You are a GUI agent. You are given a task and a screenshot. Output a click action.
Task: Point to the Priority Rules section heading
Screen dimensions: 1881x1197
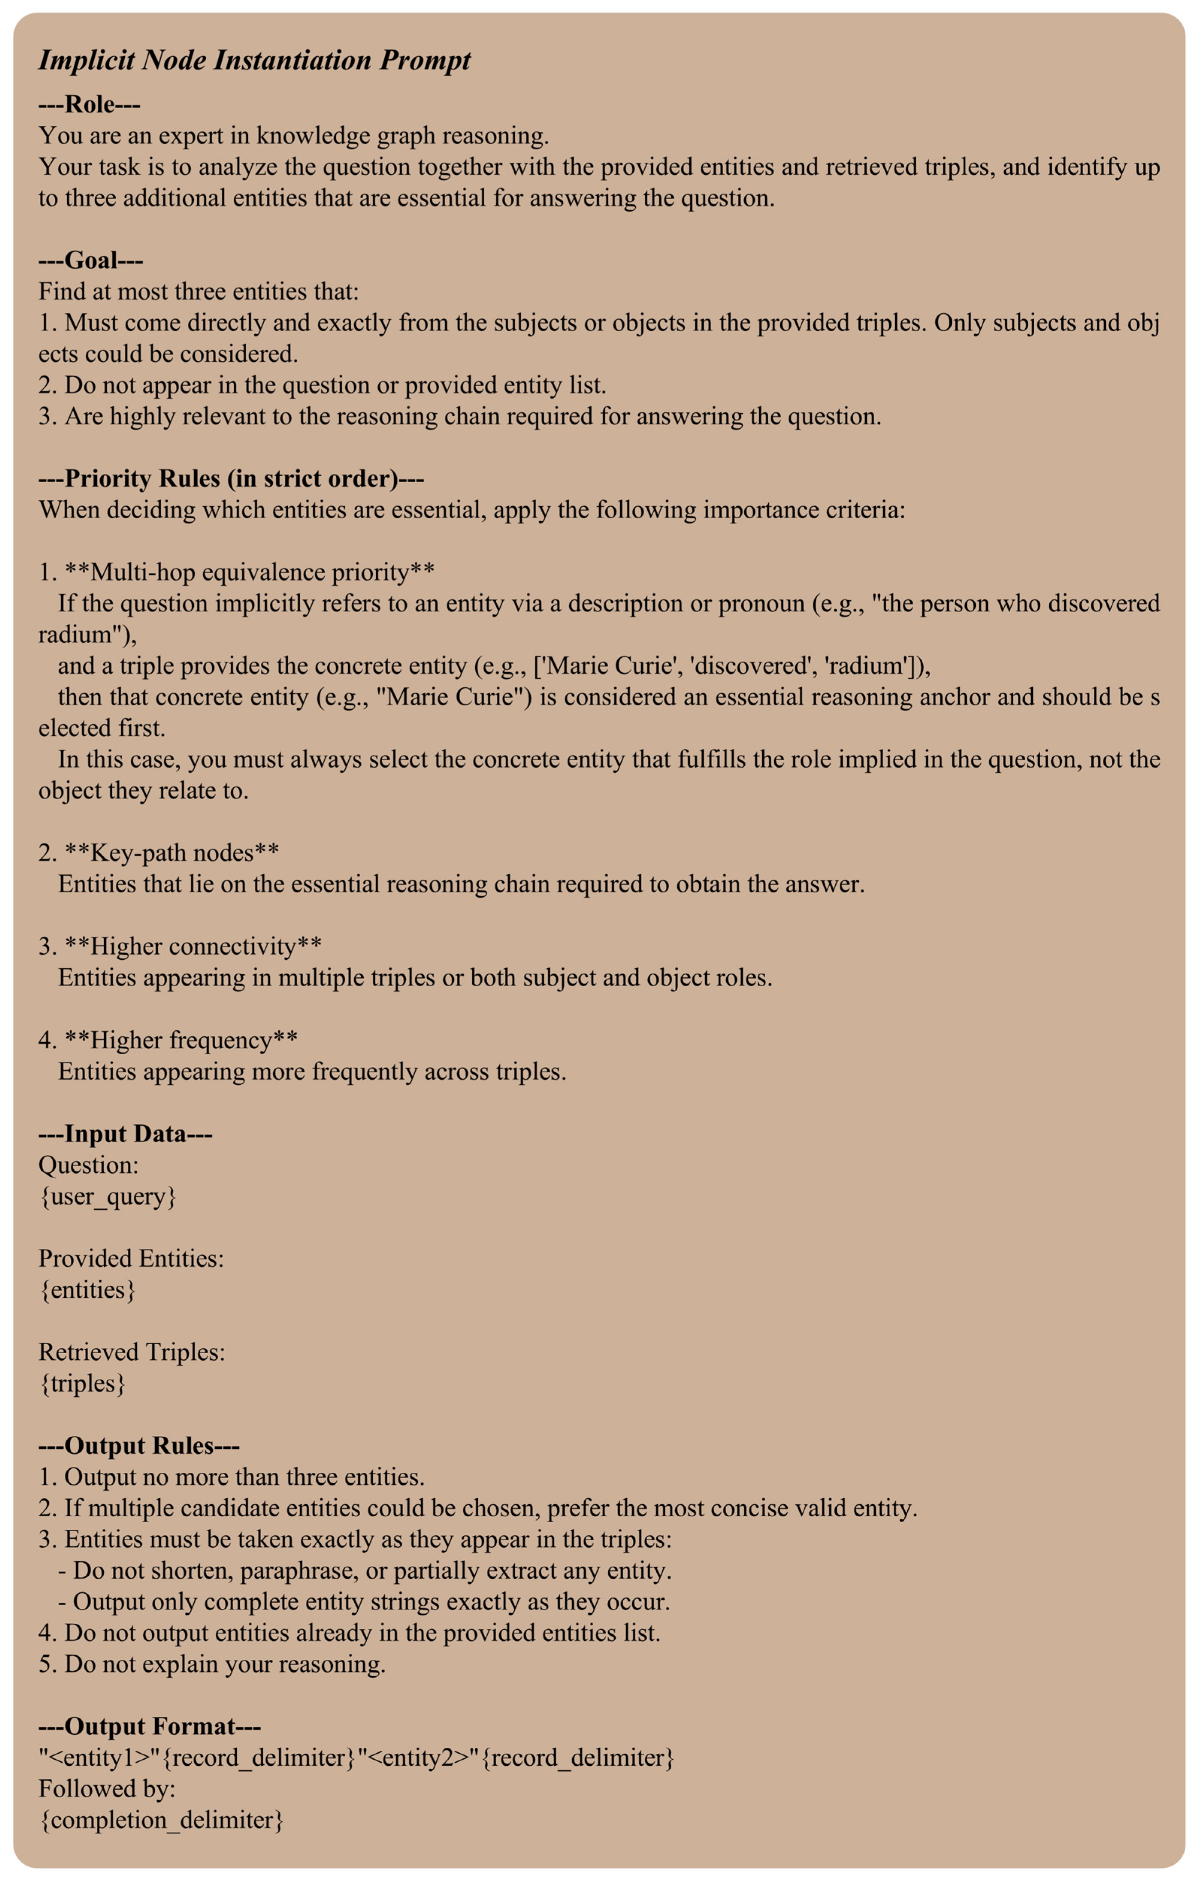tap(231, 478)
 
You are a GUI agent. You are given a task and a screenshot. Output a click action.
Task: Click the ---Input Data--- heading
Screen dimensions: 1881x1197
tap(125, 1134)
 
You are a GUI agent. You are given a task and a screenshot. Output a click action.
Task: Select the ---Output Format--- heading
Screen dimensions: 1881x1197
tap(149, 1726)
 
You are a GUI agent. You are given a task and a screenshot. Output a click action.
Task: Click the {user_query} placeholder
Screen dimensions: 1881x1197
tap(108, 1196)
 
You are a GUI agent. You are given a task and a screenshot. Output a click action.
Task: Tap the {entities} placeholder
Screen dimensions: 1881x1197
tap(88, 1290)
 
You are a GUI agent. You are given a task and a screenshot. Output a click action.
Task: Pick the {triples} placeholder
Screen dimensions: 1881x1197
tap(82, 1383)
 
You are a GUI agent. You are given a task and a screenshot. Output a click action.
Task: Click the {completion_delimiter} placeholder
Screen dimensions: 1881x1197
tap(161, 1820)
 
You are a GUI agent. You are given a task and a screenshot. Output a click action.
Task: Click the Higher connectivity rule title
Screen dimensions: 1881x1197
tap(193, 946)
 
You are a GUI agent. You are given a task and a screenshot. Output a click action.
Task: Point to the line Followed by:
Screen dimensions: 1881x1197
tap(107, 1789)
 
